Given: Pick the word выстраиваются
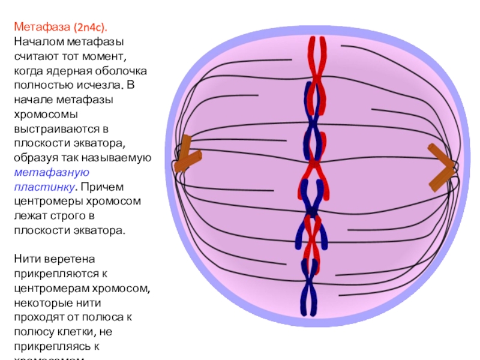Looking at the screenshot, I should coord(51,129).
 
